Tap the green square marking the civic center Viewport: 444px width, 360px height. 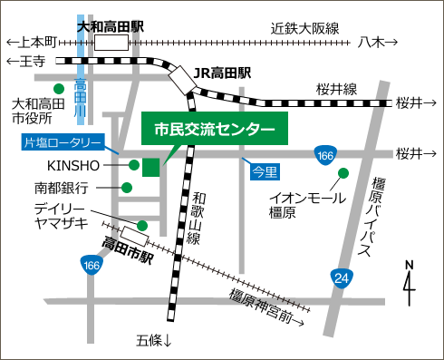pos(150,166)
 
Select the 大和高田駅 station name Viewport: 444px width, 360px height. pos(111,27)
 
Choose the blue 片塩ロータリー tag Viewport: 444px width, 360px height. pos(63,142)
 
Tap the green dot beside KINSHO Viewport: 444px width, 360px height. pos(134,165)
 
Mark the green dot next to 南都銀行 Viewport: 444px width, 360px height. pos(127,188)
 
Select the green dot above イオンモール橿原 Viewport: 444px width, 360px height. pos(343,173)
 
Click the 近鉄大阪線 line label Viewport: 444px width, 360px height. pos(304,28)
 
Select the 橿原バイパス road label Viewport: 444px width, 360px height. pos(378,218)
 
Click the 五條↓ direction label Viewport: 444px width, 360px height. pos(154,341)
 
